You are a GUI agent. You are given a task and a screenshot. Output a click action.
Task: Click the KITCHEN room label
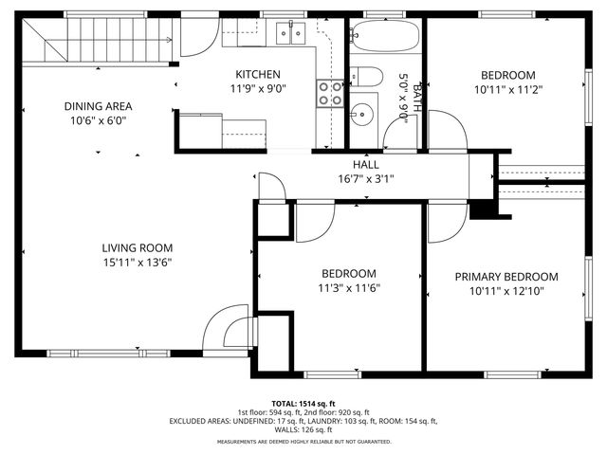pyautogui.click(x=258, y=75)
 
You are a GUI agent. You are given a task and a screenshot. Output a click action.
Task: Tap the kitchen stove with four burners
pyautogui.click(x=330, y=92)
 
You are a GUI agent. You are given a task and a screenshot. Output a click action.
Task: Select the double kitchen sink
pyautogui.click(x=290, y=33)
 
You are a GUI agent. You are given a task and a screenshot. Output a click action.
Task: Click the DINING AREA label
pyautogui.click(x=98, y=106)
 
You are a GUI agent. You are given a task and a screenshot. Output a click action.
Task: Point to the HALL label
pyautogui.click(x=365, y=164)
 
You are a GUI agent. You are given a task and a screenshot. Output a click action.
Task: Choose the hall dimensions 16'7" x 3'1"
pyautogui.click(x=365, y=178)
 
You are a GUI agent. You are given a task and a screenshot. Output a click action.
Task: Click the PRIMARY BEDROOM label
pyautogui.click(x=506, y=277)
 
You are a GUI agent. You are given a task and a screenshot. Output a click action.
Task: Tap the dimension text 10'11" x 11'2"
pyautogui.click(x=507, y=90)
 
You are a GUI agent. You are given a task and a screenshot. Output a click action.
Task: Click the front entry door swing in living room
pyautogui.click(x=223, y=329)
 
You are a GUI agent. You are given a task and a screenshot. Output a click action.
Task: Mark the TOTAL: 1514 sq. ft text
pyautogui.click(x=303, y=403)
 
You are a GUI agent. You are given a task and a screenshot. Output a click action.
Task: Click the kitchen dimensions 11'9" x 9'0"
pyautogui.click(x=258, y=90)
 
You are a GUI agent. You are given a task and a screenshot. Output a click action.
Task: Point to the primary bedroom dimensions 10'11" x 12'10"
pyautogui.click(x=506, y=292)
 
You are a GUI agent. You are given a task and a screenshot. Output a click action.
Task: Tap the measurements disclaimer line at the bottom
pyautogui.click(x=303, y=442)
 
